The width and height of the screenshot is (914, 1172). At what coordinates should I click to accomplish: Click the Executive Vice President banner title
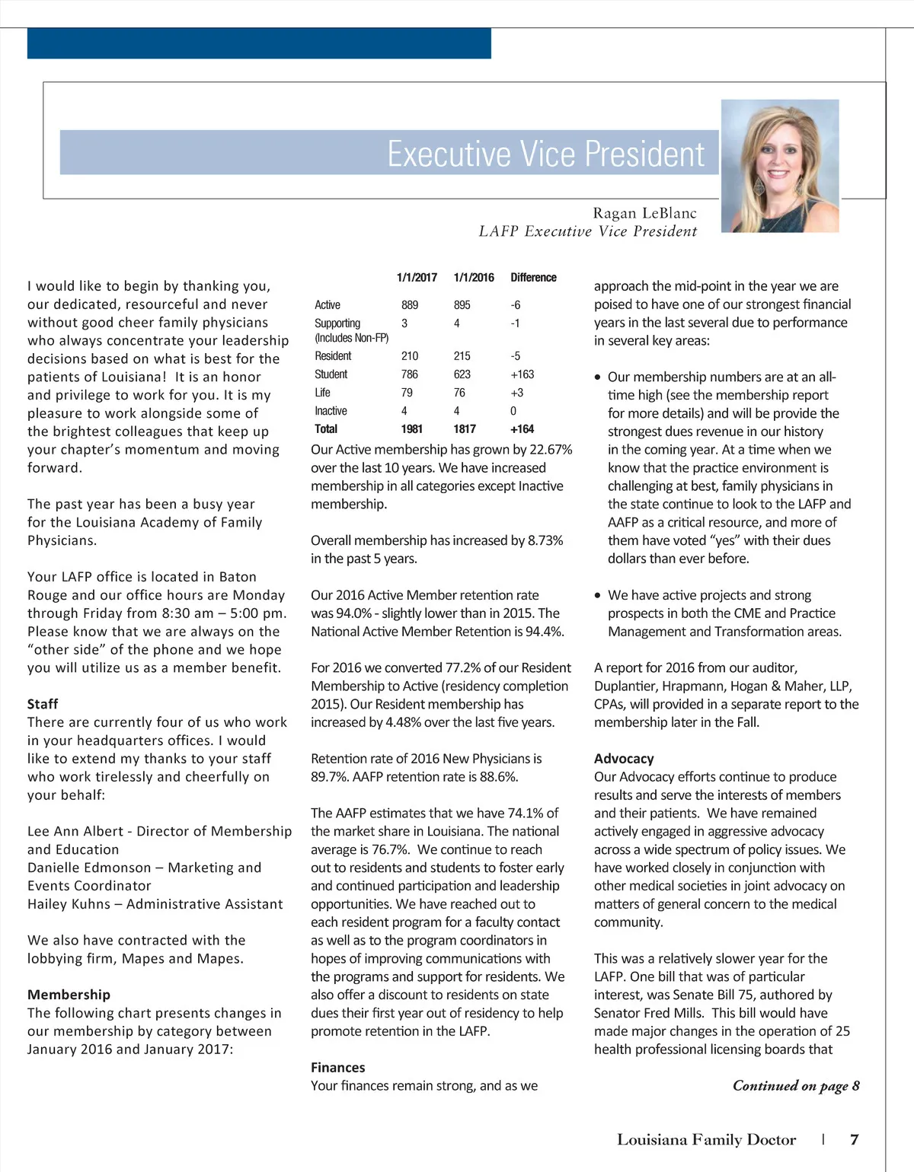click(545, 154)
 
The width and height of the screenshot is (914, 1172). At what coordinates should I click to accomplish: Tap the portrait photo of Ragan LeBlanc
click(779, 165)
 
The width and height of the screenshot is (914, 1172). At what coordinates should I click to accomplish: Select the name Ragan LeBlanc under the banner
click(644, 213)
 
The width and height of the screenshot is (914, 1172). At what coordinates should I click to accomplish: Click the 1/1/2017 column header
click(417, 278)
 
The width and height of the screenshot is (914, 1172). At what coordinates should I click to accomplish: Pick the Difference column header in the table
click(533, 278)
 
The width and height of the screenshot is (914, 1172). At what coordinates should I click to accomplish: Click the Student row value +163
click(522, 374)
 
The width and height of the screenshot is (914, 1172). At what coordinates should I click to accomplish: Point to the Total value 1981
click(411, 429)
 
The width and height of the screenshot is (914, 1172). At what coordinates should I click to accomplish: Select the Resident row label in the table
click(333, 356)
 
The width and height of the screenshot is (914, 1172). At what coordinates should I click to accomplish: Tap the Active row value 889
click(410, 305)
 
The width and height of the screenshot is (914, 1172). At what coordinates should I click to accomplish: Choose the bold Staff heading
click(43, 704)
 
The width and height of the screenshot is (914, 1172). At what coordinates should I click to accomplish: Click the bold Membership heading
click(69, 995)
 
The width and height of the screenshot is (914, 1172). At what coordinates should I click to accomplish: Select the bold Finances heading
click(337, 1068)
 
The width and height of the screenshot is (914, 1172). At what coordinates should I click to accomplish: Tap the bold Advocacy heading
click(624, 759)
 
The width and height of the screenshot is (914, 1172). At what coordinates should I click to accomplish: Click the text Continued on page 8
click(796, 1086)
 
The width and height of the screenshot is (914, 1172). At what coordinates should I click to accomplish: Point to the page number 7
click(855, 1140)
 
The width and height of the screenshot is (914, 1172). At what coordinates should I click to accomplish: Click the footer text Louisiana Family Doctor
click(706, 1140)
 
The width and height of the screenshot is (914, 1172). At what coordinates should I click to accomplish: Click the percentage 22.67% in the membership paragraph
click(544, 450)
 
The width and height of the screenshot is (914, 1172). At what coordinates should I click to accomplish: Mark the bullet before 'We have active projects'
click(599, 596)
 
